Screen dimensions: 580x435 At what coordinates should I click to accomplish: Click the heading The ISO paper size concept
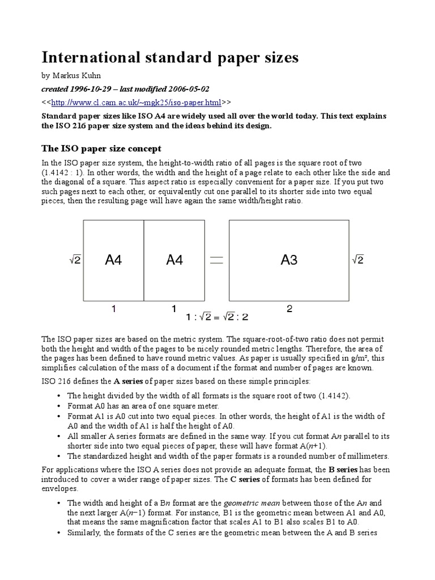coord(101,148)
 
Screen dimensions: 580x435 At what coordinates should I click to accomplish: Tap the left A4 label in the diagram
coord(113,260)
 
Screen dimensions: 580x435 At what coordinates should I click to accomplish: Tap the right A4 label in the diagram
coord(174,260)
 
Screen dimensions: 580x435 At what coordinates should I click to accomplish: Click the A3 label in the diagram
coord(289,260)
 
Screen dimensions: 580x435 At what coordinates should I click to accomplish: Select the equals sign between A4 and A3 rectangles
coord(216,260)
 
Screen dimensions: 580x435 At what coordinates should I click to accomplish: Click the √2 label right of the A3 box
coord(357,260)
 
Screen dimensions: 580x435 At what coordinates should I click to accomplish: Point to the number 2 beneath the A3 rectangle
coord(289,309)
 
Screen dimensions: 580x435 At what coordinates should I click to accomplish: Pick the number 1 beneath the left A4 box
coord(114,309)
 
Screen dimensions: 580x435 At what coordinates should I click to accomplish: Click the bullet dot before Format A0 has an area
coord(60,406)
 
